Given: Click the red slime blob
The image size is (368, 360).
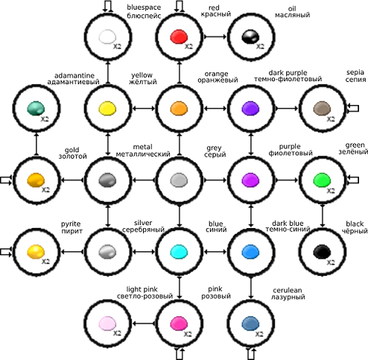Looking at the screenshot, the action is [179, 37].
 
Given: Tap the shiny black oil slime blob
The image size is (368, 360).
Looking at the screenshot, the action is [250, 37].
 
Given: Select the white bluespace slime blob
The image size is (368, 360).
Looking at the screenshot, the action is [107, 37].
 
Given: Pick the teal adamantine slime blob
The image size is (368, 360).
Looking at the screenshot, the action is [36, 108].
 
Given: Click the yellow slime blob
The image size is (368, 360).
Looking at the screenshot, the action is [107, 108].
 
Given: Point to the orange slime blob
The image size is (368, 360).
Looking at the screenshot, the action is [179, 108].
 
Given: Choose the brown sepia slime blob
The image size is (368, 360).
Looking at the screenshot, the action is [322, 108].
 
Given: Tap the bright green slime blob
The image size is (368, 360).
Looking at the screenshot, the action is [322, 180].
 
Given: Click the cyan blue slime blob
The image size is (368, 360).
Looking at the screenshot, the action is [179, 251].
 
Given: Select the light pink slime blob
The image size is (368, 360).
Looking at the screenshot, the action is [107, 323].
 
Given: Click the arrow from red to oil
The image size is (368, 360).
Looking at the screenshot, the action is [215, 37].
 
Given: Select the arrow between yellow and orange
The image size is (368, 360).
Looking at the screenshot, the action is [143, 108].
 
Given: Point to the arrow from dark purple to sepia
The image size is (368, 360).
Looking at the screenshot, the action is [286, 108].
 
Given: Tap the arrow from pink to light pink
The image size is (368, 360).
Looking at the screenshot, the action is [143, 323].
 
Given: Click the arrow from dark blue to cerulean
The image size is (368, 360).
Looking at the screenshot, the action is [250, 287].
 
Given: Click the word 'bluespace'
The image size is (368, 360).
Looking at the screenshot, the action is [144, 7].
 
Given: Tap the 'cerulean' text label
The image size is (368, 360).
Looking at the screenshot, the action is [288, 290].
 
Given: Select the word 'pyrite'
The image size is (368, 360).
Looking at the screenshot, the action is [71, 224].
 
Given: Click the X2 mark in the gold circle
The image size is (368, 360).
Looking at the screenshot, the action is [45, 190].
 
